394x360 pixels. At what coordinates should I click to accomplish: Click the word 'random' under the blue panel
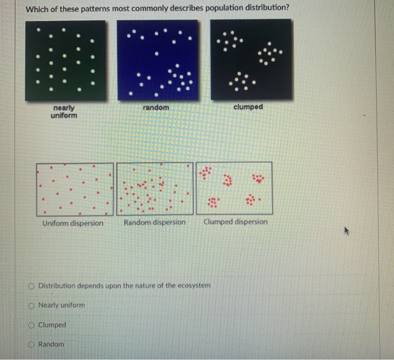click(x=156, y=107)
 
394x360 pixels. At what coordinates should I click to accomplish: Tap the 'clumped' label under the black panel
click(x=248, y=107)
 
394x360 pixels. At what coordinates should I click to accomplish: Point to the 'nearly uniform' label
click(x=64, y=112)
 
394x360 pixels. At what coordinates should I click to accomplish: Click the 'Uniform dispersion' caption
click(x=73, y=223)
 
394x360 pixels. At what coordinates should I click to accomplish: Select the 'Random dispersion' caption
click(x=155, y=223)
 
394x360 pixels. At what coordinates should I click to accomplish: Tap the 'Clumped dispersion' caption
click(x=236, y=222)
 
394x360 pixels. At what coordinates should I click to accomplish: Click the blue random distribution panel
click(x=157, y=60)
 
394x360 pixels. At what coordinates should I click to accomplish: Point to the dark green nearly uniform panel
click(x=65, y=60)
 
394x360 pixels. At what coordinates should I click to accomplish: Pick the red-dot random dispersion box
click(x=155, y=189)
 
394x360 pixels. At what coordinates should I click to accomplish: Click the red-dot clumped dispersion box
click(x=234, y=188)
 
